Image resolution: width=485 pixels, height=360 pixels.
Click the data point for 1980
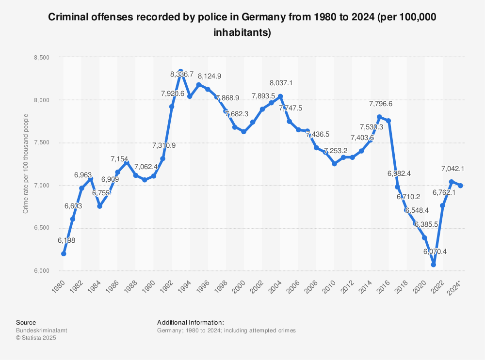[64, 254]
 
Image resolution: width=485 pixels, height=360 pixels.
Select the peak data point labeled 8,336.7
[181, 72]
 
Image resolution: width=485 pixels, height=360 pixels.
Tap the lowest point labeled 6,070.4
[433, 265]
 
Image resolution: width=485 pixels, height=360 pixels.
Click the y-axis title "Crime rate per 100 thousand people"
[26, 164]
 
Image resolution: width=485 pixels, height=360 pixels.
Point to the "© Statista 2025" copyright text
[36, 338]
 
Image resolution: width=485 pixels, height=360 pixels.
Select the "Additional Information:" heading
[191, 322]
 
